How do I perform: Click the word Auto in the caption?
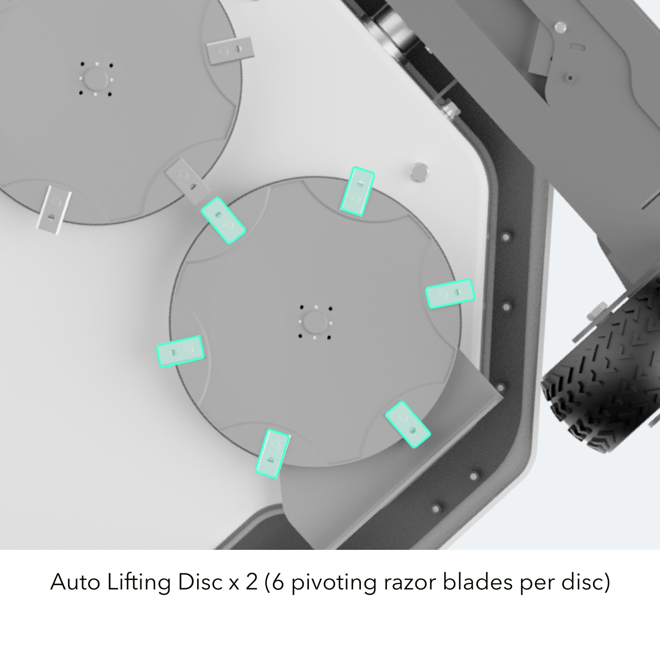(75, 582)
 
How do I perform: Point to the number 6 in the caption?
(278, 582)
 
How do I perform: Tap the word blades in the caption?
(477, 582)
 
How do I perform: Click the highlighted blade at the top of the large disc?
(357, 191)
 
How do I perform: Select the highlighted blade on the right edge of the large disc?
(450, 293)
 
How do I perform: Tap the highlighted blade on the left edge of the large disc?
(180, 351)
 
